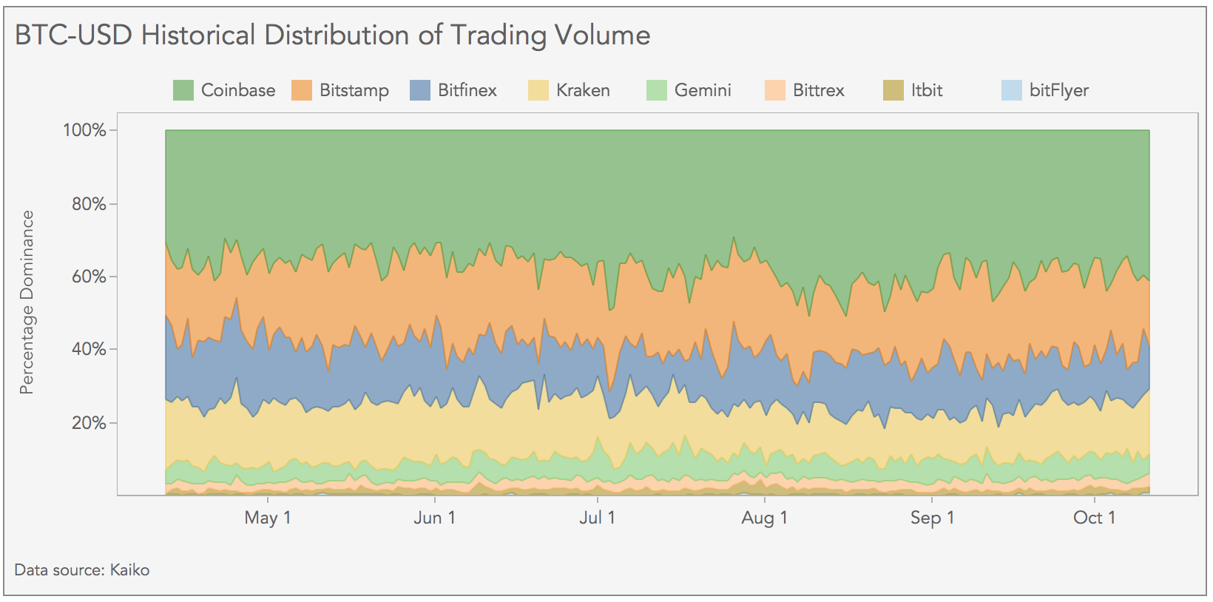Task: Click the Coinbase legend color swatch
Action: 183,90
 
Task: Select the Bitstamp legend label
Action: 354,90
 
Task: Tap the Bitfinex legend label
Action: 467,90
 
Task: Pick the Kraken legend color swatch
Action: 538,90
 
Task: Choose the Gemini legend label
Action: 703,90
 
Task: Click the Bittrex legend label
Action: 818,90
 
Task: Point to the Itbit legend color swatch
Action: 893,90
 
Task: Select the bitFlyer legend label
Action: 1058,90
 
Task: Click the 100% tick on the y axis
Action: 85,131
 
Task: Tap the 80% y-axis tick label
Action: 89,204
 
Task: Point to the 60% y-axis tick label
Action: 89,277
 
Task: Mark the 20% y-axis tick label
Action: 89,423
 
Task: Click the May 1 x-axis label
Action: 268,518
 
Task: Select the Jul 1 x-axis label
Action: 597,518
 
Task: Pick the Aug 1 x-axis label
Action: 764,518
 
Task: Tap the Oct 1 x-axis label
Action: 1094,518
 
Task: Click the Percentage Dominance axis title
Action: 27,302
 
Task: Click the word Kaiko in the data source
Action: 129,570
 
